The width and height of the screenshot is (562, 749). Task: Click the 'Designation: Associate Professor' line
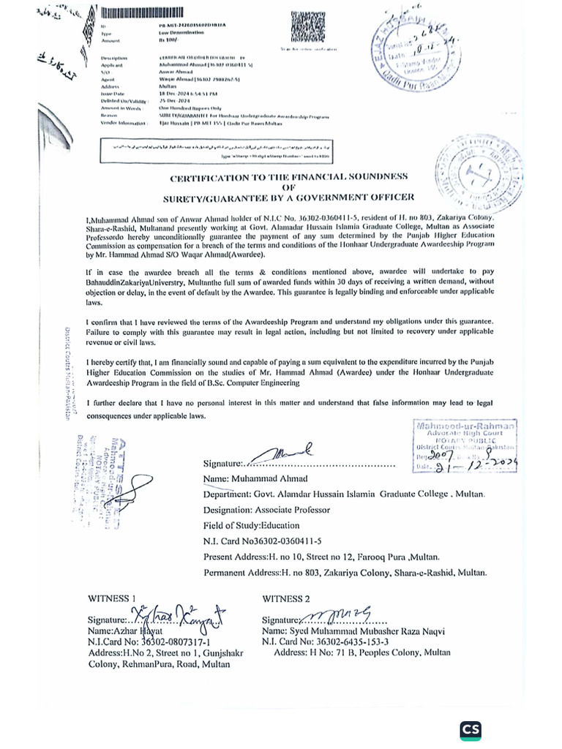click(266, 510)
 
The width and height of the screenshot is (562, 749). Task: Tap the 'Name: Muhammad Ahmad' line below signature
click(250, 479)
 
